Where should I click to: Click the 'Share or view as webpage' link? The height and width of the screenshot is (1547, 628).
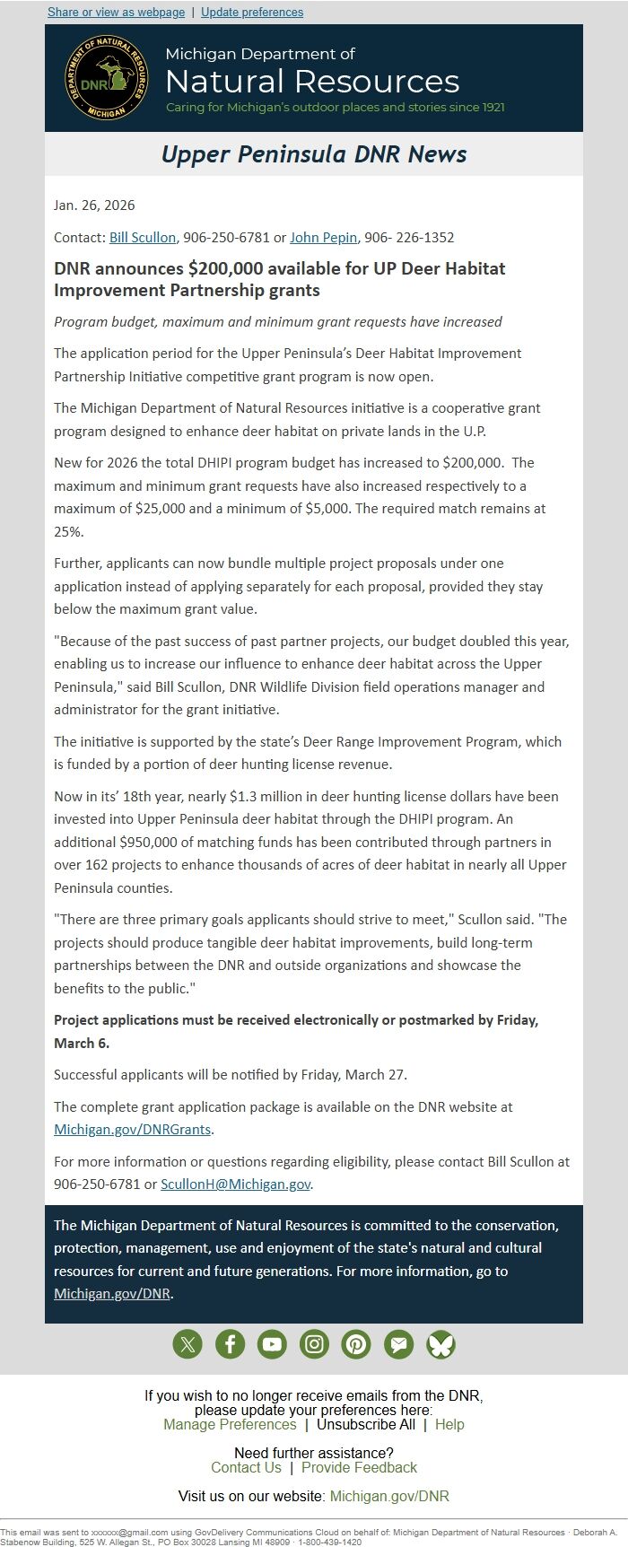tap(116, 13)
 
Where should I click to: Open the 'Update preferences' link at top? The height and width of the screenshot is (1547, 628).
tap(252, 13)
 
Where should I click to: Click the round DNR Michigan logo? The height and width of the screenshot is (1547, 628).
tap(107, 79)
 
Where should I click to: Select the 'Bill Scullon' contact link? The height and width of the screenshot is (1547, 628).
tap(143, 238)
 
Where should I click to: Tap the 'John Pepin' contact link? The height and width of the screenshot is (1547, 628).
tap(324, 238)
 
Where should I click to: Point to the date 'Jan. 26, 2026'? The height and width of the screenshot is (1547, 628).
tap(94, 205)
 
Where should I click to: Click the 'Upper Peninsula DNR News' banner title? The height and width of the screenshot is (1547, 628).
tap(314, 154)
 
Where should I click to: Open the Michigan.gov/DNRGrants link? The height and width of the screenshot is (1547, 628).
tap(133, 1130)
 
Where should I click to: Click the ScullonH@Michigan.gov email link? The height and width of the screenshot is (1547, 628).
tap(236, 1184)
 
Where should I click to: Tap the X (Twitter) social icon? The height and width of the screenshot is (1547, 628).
tap(188, 1344)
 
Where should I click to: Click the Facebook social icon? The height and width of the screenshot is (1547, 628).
tap(230, 1344)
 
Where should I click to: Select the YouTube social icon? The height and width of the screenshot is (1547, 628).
tap(272, 1344)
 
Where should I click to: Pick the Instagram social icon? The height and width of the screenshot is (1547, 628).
tap(314, 1344)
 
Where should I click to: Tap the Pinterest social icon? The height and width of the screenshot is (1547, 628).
tap(356, 1344)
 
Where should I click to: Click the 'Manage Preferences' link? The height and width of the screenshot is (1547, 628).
tap(230, 1425)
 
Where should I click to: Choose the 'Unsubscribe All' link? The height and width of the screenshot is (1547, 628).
tap(366, 1425)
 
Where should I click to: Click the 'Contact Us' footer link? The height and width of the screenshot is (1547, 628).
tap(246, 1468)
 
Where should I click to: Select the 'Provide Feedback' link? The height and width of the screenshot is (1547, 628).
tap(359, 1468)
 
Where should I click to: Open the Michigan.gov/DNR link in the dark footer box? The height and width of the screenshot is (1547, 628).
tap(112, 1294)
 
